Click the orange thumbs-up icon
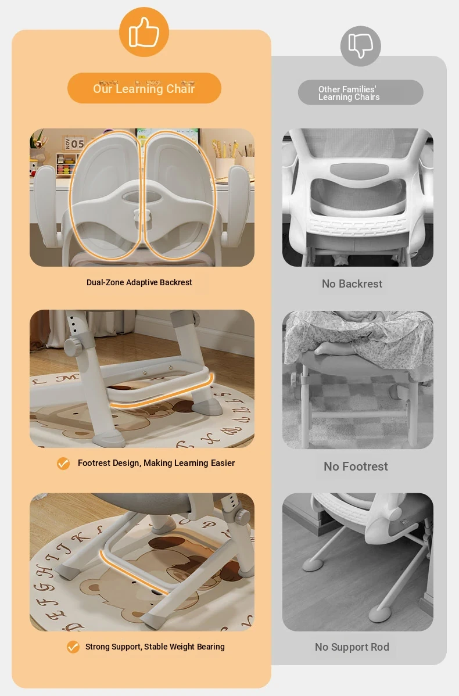click(x=144, y=32)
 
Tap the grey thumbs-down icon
click(x=360, y=46)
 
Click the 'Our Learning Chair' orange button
click(x=144, y=88)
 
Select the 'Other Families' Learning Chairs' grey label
click(x=360, y=93)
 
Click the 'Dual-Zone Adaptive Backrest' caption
click(x=139, y=282)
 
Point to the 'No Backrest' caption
click(x=352, y=284)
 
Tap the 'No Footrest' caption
click(x=356, y=467)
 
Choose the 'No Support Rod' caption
click(x=352, y=647)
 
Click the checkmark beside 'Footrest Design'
click(x=63, y=464)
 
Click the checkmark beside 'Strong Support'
click(x=73, y=647)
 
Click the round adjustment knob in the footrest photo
click(x=73, y=345)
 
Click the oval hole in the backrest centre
click(x=142, y=195)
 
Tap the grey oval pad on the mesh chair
click(x=359, y=170)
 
